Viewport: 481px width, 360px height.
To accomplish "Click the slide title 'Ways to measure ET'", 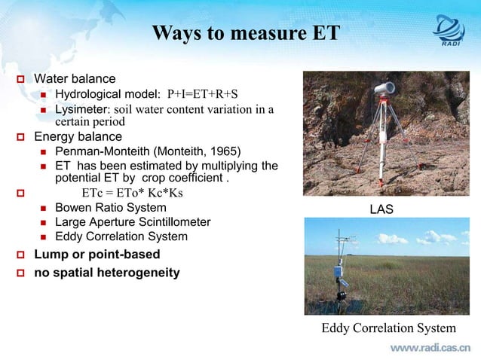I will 246,34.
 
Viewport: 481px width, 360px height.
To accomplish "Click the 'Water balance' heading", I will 75,79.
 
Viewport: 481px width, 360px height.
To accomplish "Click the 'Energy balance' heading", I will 78,136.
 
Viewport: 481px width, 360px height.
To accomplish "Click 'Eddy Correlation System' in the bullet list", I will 121,236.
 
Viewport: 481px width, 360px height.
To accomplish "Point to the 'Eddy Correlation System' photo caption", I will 388,328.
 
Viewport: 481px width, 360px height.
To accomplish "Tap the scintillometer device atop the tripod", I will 385,88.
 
